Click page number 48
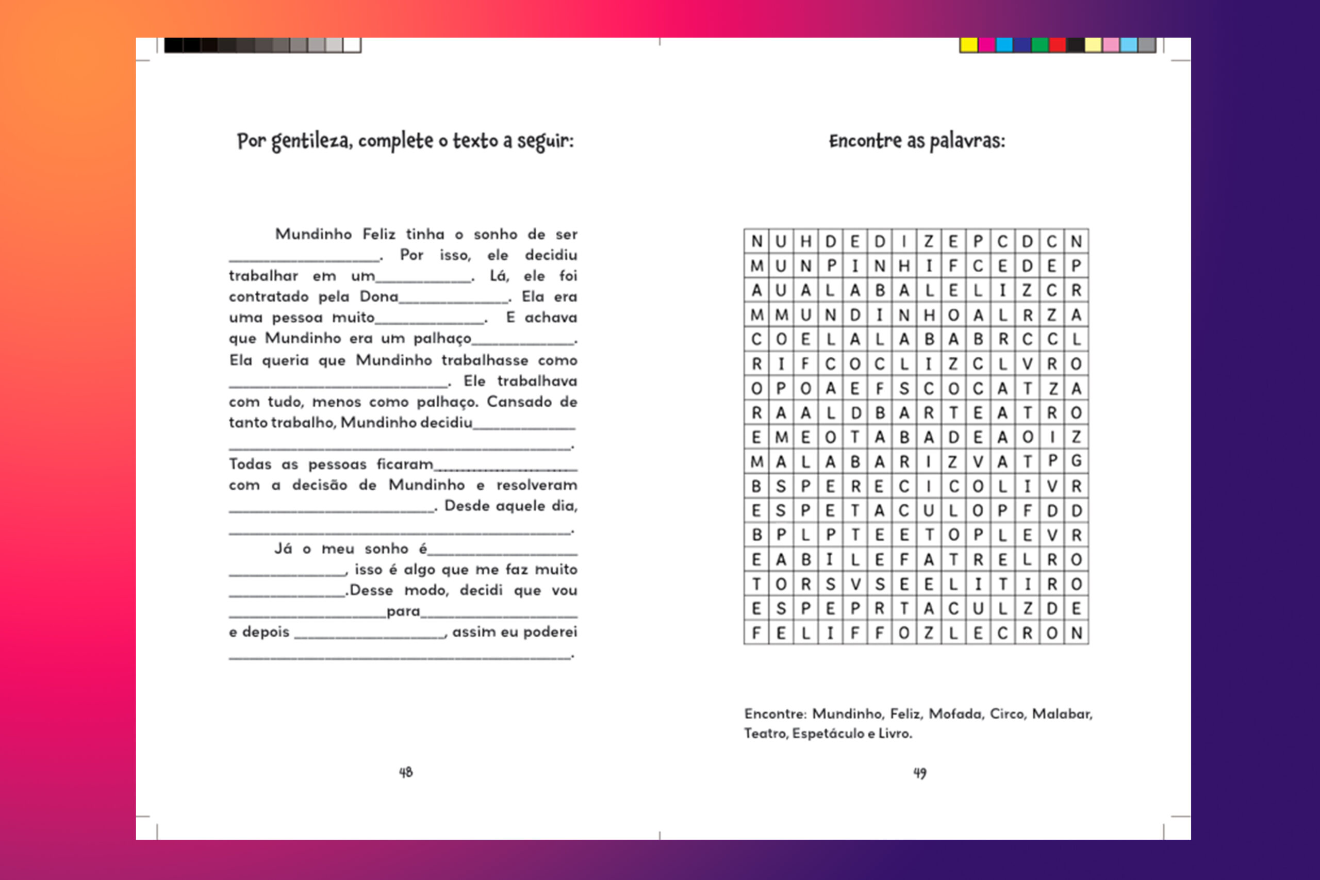(x=406, y=773)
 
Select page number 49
(x=920, y=773)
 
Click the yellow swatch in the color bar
(x=969, y=45)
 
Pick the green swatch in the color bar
(x=1039, y=45)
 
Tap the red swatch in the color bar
(x=1058, y=45)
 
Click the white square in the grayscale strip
(x=352, y=45)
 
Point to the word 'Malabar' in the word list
(x=1062, y=714)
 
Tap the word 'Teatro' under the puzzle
(x=766, y=734)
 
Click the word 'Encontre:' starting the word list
(x=775, y=714)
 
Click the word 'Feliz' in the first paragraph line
(x=379, y=234)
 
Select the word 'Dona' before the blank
(x=379, y=296)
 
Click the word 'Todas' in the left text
(x=250, y=464)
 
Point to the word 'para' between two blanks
(x=403, y=611)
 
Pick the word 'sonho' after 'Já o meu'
(x=386, y=549)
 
